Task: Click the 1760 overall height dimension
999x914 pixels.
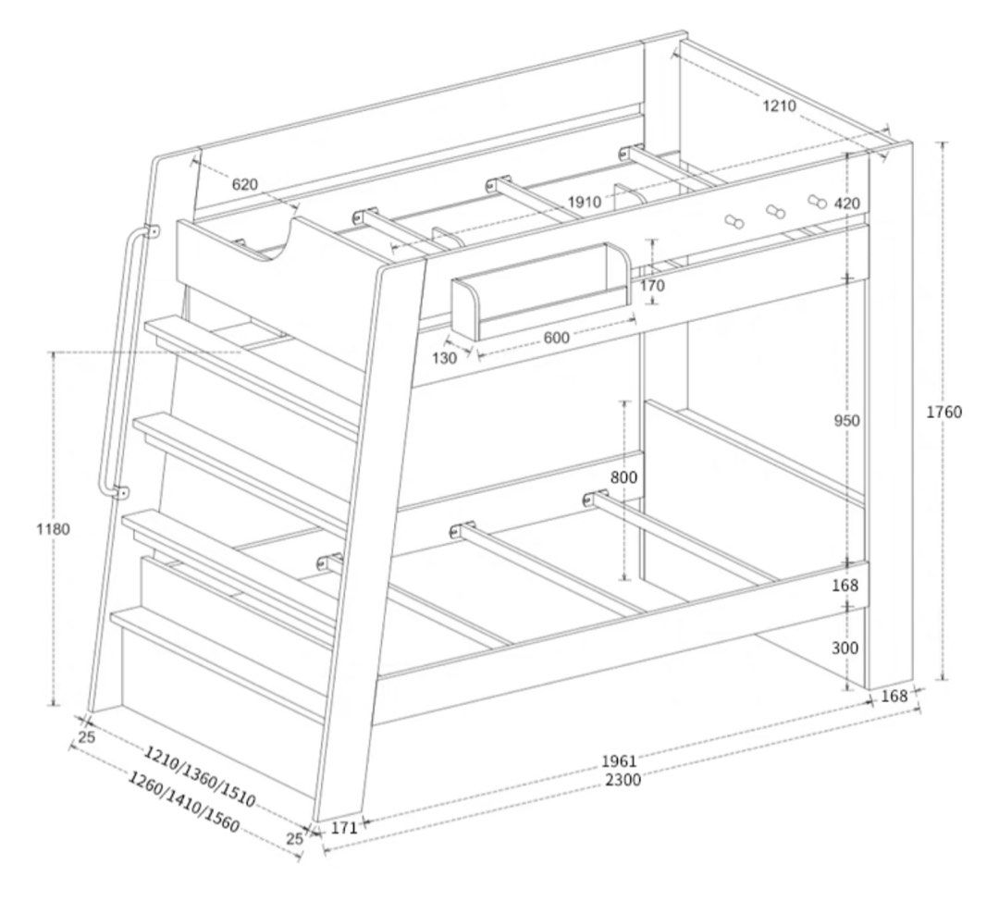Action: (943, 412)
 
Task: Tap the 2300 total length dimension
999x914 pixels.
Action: (623, 780)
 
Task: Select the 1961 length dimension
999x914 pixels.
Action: (619, 760)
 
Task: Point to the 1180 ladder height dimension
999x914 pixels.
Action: (54, 528)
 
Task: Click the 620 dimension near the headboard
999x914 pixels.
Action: (244, 185)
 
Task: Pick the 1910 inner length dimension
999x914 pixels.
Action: (585, 202)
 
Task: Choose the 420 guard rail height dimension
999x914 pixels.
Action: (846, 204)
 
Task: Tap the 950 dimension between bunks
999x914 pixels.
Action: (846, 421)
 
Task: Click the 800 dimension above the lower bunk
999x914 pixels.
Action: (623, 476)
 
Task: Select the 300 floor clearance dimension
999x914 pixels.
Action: (845, 648)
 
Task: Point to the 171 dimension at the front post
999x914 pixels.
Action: (344, 828)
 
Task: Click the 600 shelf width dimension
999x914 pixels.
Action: (556, 337)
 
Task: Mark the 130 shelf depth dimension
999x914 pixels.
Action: (445, 358)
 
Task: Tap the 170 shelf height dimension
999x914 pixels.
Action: (652, 285)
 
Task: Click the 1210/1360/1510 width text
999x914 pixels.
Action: (199, 776)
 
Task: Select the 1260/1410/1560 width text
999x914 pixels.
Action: (183, 801)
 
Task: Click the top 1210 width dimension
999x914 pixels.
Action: (779, 105)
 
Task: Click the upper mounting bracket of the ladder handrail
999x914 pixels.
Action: (152, 230)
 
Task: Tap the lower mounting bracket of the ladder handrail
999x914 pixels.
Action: (120, 492)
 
